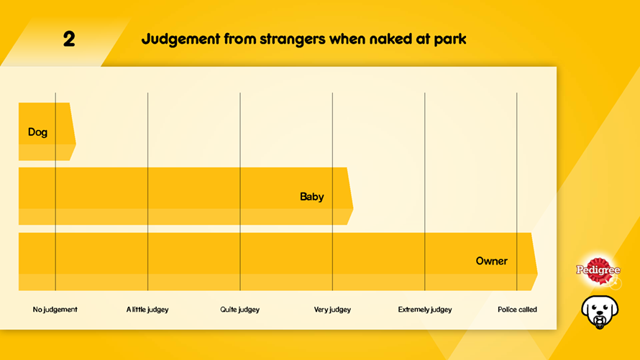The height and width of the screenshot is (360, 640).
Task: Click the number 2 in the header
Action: pos(69,39)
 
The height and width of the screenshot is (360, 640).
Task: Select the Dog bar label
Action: pos(37,132)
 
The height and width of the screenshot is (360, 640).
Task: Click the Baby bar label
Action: pos(311,197)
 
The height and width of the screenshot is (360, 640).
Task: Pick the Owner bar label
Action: pos(491,261)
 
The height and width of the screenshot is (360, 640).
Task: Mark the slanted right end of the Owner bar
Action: pos(534,261)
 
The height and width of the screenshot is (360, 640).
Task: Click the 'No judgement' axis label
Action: pos(55,310)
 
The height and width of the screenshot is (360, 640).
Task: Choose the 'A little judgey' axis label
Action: pos(147,310)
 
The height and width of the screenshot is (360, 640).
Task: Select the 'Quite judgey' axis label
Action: pos(239,310)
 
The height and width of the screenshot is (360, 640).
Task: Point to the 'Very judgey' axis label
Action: pos(332,310)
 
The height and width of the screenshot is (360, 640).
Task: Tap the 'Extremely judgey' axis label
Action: pos(425,310)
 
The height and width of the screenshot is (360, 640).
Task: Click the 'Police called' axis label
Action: pos(517,310)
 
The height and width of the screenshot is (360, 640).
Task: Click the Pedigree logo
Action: pos(598,271)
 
